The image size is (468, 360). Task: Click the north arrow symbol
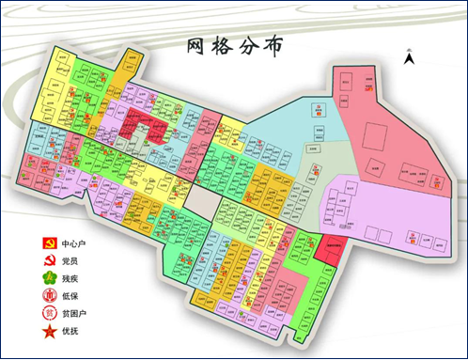point(409,57)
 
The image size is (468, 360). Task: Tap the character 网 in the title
point(195,46)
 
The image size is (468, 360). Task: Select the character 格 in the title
point(225,46)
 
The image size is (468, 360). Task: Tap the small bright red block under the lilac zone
point(328,246)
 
